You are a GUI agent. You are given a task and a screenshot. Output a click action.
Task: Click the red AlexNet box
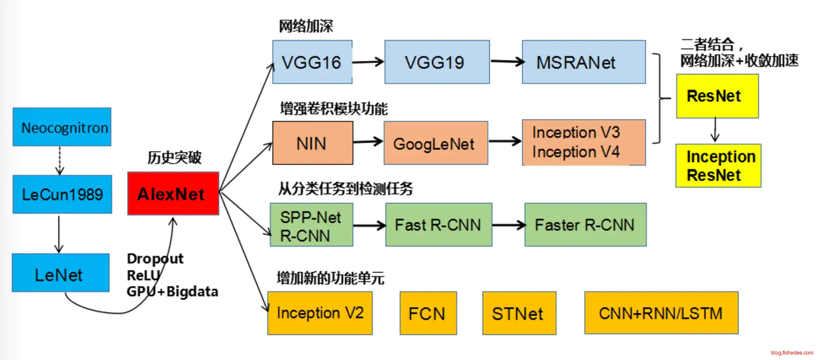click(173, 193)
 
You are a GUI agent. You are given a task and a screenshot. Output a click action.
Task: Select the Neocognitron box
click(62, 127)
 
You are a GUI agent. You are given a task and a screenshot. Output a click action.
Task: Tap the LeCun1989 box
click(62, 194)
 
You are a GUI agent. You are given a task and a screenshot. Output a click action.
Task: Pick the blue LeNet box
click(61, 273)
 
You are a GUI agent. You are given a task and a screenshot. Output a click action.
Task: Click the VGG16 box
click(312, 62)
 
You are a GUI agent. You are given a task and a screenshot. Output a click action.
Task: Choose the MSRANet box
click(584, 62)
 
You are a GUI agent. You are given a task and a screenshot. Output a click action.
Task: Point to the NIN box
click(312, 143)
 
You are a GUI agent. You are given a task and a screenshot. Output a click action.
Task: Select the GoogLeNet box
click(436, 143)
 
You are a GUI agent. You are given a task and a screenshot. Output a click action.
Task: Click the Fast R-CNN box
click(439, 225)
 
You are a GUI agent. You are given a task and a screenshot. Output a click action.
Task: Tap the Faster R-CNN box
click(585, 225)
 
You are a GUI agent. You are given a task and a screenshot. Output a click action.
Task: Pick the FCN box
click(428, 313)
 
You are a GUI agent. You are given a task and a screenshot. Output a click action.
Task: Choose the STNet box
click(519, 313)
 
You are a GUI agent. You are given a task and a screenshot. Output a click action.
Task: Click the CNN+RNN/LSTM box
click(661, 313)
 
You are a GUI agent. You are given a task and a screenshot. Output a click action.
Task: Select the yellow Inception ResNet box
click(718, 166)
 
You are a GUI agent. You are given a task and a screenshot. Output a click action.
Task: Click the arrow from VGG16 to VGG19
click(368, 62)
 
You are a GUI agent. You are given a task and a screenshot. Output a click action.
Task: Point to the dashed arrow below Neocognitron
click(59, 161)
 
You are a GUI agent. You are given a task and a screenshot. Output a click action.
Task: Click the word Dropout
click(155, 258)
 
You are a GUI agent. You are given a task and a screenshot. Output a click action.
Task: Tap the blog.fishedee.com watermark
click(792, 353)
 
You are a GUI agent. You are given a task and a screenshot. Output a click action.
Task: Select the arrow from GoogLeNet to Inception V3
click(505, 141)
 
